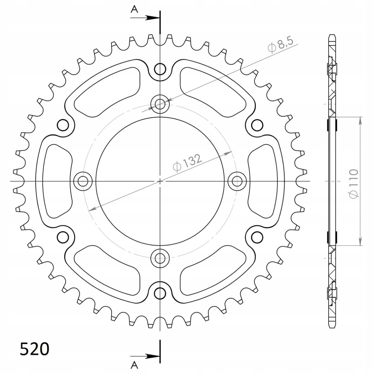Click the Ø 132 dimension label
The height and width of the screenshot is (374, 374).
[187, 163]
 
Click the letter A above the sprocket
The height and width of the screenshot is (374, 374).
[134, 9]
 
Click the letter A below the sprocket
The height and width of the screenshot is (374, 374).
[134, 365]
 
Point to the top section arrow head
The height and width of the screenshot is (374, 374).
[152, 18]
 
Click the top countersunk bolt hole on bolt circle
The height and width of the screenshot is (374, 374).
[160, 104]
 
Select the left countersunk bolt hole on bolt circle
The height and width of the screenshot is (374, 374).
[83, 181]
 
